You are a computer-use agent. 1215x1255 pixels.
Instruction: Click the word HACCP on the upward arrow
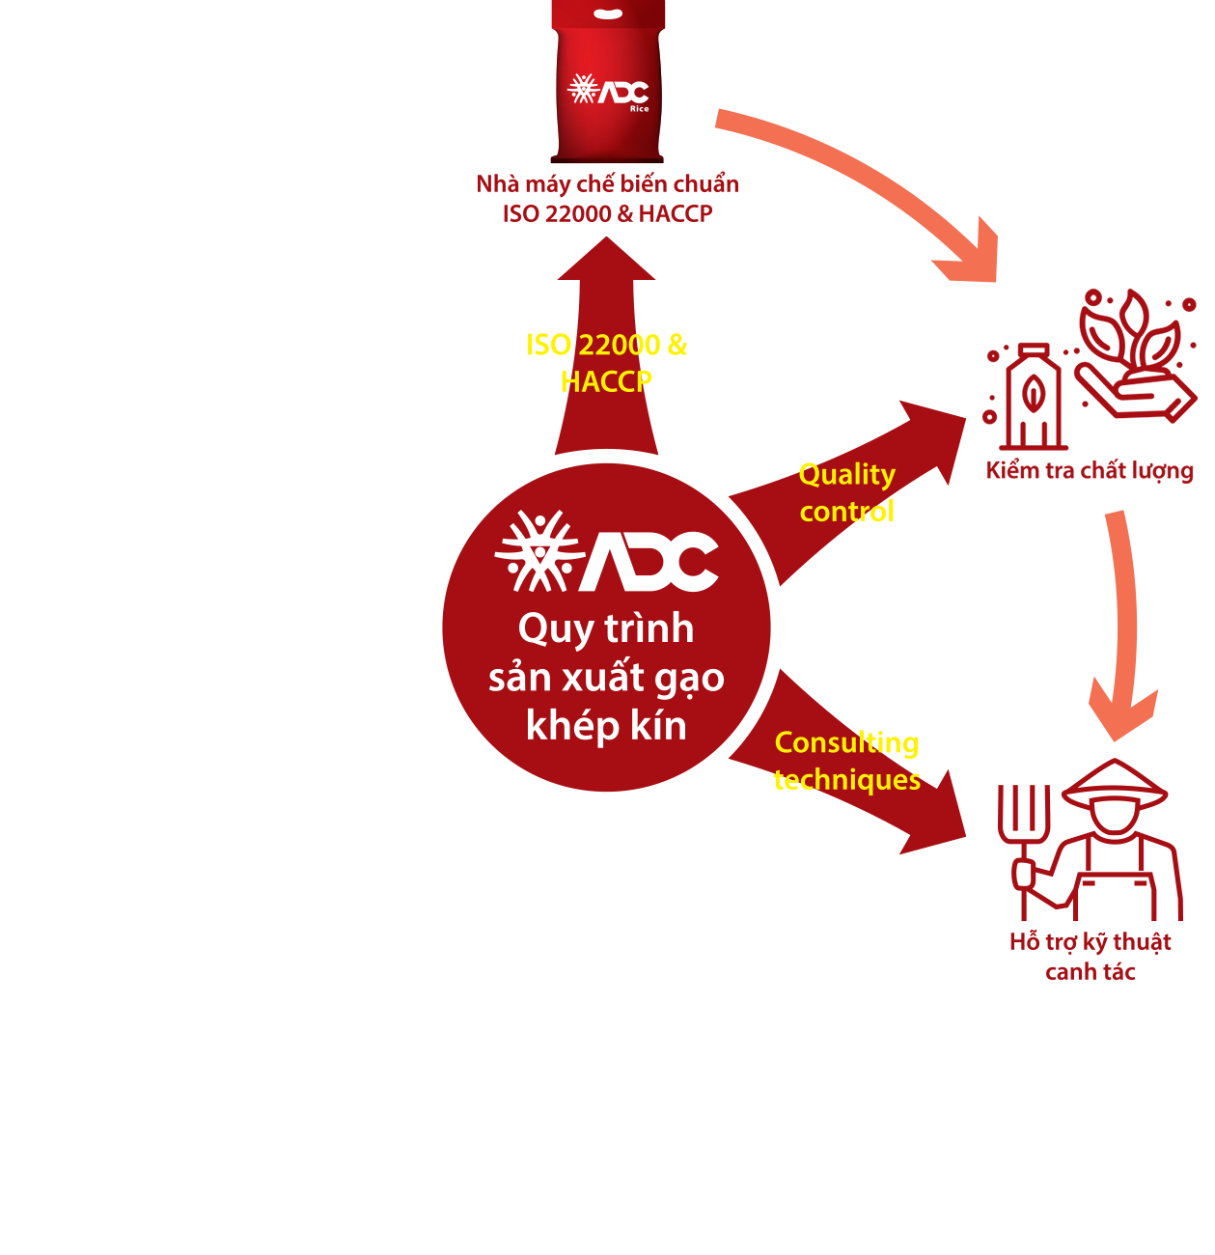606,382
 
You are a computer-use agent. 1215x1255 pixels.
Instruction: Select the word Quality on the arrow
846,475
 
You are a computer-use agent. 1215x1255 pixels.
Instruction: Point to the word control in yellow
846,512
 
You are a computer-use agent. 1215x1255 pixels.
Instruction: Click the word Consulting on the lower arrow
846,742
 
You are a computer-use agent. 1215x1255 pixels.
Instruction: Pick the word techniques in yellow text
846,779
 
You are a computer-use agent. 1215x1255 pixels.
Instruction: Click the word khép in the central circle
571,726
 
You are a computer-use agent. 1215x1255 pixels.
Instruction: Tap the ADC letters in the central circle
649,561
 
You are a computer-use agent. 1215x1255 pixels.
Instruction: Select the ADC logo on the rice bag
608,91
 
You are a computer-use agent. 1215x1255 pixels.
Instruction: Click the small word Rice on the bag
639,109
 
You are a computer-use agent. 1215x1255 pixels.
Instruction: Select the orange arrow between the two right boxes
1123,627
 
